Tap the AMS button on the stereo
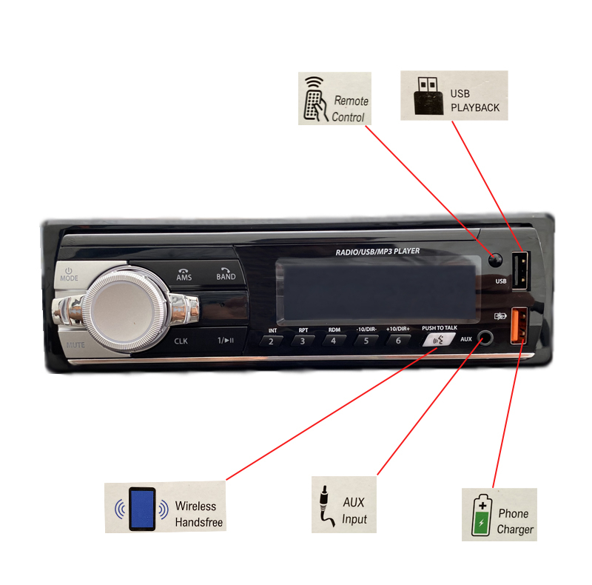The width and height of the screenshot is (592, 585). (184, 275)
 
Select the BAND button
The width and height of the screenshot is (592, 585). (226, 274)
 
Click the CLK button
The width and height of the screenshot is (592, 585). (181, 341)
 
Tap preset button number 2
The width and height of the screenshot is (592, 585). (271, 341)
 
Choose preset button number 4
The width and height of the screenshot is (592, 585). (334, 341)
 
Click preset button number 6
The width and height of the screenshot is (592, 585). (398, 341)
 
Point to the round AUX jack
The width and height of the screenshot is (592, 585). (485, 338)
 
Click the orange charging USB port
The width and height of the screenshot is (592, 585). (519, 325)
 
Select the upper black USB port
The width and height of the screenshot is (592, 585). (519, 270)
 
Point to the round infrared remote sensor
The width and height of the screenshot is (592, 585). (495, 260)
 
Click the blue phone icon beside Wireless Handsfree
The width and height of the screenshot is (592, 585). (142, 509)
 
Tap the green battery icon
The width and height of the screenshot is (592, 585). (482, 515)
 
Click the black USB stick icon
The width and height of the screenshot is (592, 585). (428, 96)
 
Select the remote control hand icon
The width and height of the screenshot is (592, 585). (315, 99)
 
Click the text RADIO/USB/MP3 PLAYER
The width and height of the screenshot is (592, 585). (377, 252)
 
